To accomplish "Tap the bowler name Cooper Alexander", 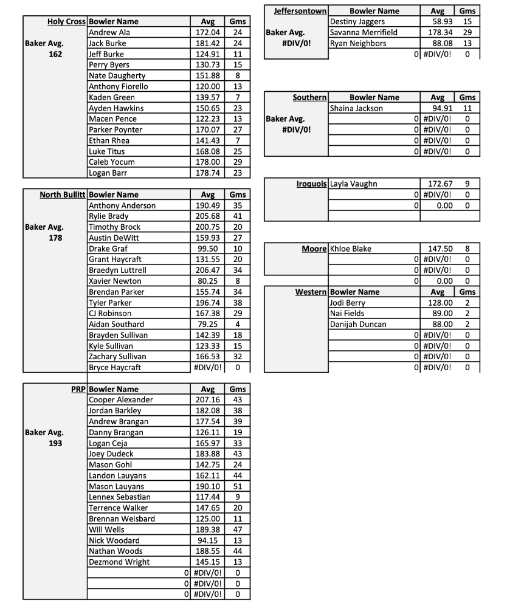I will pos(120,400).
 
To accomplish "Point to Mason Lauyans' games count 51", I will pos(238,486).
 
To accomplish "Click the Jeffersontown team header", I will pos(300,11).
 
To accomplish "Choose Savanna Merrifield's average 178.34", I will pos(437,32).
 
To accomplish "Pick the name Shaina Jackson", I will pos(356,108).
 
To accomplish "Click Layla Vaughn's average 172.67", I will pos(437,184).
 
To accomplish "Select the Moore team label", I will pos(314,249).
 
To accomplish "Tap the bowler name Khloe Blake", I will pos(350,249).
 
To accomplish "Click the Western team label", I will pos(311,292).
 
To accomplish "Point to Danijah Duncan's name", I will pos(358,324).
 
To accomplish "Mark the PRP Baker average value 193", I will pos(55,443).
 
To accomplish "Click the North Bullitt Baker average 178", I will pos(55,238).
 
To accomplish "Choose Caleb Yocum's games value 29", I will pos(238,162).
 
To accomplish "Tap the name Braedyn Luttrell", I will pos(117,270).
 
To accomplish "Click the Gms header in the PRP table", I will pos(238,389).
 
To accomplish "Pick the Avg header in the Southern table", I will pos(437,97).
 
